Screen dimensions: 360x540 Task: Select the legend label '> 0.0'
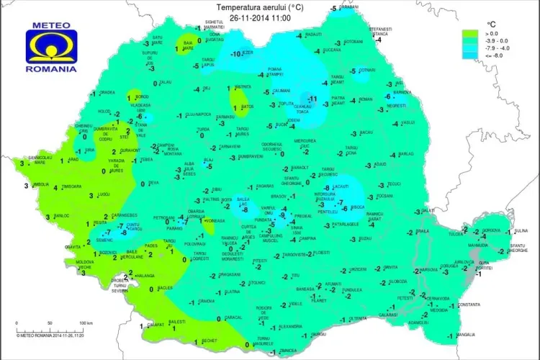point(492,34)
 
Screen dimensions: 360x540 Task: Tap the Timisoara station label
point(72,186)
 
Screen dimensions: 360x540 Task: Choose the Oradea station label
point(107,92)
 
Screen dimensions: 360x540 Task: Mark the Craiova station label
point(206,302)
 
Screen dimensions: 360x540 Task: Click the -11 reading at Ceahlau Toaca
point(312,99)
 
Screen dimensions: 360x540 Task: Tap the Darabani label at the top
point(348,7)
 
